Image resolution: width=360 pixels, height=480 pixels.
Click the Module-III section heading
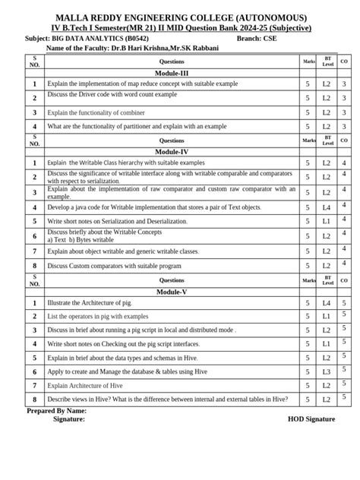[x=172, y=72]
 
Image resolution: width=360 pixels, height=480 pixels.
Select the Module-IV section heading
[x=172, y=151]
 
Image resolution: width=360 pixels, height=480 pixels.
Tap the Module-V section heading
[x=172, y=292]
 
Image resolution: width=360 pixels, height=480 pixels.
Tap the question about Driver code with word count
[x=112, y=96]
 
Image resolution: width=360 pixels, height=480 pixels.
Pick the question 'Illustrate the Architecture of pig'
[x=90, y=303]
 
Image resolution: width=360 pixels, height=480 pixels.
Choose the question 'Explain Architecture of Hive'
[x=84, y=386]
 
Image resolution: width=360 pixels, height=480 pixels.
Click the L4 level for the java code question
[x=326, y=207]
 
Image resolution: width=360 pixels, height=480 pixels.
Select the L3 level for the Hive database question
[x=326, y=372]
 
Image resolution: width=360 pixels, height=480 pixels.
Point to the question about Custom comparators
[x=114, y=267]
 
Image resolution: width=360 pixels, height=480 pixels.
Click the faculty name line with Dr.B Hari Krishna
[x=132, y=48]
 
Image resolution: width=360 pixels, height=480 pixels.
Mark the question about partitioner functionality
[x=137, y=127]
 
